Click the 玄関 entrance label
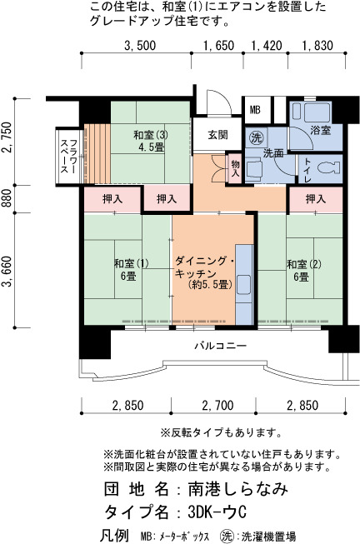pos(217,135)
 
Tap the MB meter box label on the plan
pos(255,110)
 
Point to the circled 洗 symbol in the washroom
pos(257,138)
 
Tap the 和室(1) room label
pos(131,264)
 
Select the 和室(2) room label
pos(304,264)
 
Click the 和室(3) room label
pos(151,135)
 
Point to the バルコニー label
pos(221,346)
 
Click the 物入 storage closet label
pos(235,168)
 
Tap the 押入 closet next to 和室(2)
pos(316,199)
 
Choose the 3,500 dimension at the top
pos(140,46)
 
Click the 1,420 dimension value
pos(267,46)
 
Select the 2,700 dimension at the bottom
pos(217,405)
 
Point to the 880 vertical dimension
pos(7,199)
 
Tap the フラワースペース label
pos(68,157)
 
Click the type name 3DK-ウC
pos(217,512)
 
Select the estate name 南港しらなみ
pos(238,489)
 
